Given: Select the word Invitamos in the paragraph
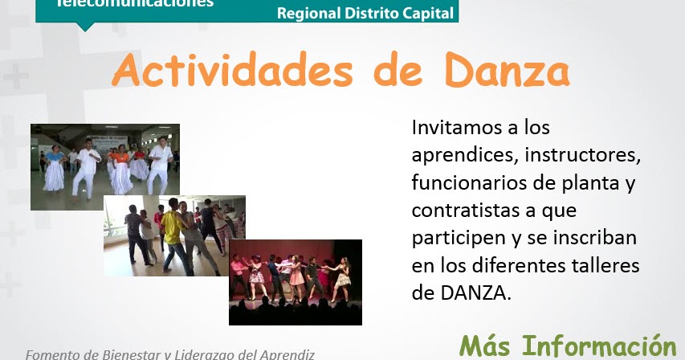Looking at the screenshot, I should (454, 127).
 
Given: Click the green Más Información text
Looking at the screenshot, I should (567, 346).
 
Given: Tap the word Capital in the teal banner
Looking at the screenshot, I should (426, 13).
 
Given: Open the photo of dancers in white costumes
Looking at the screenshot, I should (104, 166).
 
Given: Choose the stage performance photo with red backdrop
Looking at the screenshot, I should (295, 281).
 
